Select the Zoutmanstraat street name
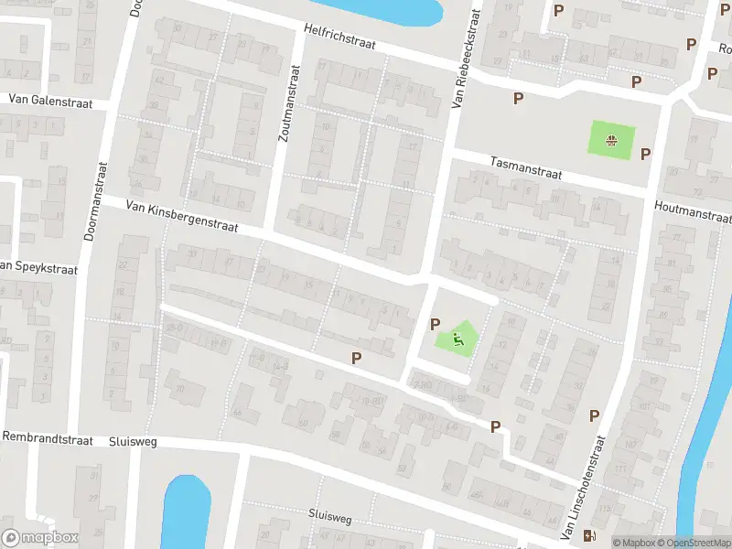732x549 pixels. (289, 102)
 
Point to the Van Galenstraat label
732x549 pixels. (51, 100)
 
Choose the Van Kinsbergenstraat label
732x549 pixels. (182, 217)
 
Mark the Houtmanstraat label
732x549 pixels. (694, 213)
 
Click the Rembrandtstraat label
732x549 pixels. (48, 439)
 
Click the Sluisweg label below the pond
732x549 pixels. (329, 517)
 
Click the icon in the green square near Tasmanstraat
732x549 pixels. (609, 140)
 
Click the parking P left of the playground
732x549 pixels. (436, 324)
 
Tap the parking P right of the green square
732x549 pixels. (645, 154)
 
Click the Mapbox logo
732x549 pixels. (40, 538)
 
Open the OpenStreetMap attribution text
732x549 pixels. (693, 543)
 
